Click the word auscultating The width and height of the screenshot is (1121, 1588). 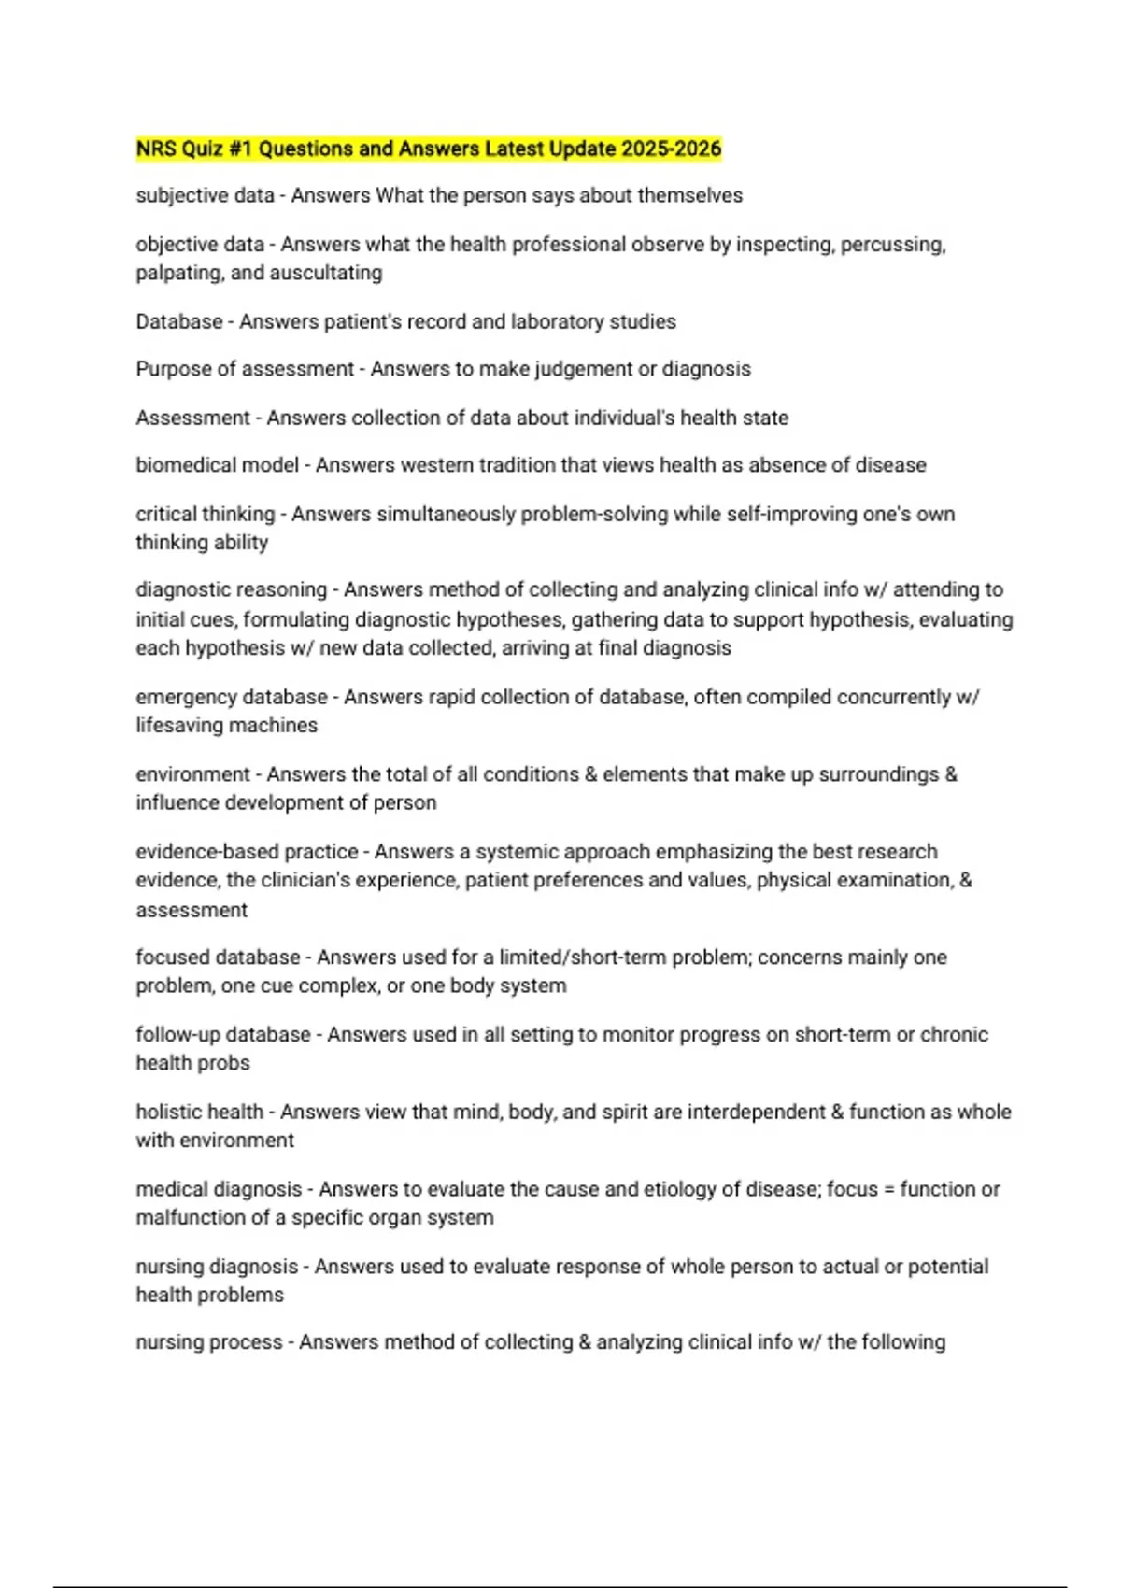(326, 273)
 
